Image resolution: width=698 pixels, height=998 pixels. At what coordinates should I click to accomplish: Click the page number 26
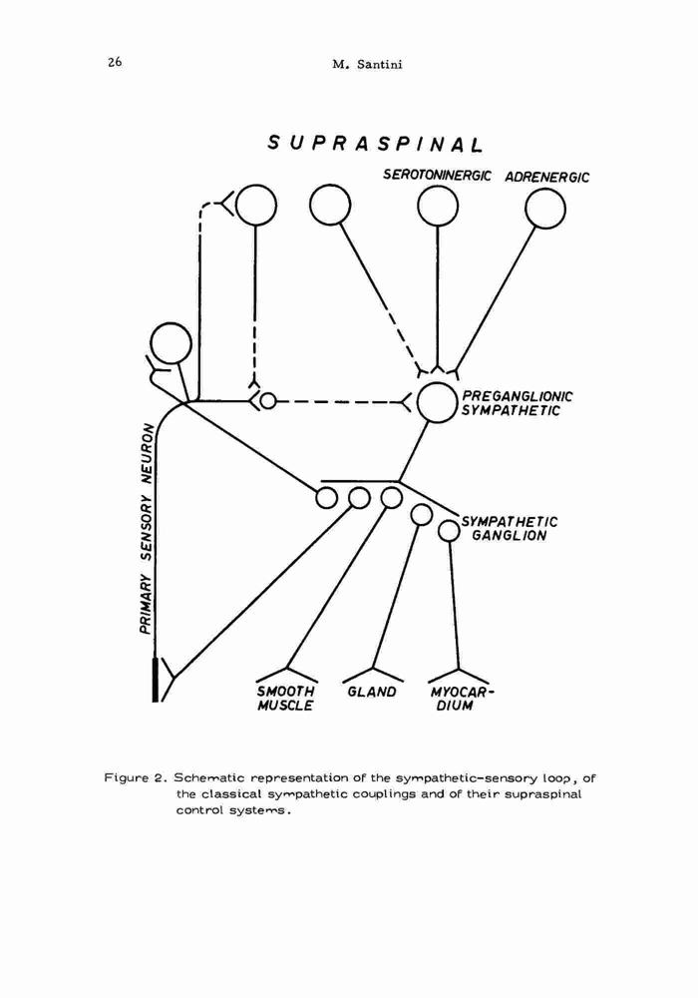(x=115, y=62)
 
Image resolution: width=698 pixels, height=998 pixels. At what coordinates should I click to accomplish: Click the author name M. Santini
(x=367, y=64)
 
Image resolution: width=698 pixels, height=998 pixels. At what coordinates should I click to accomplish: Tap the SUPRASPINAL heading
(x=375, y=143)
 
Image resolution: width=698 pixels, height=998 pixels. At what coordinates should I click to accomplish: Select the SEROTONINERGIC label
(x=437, y=175)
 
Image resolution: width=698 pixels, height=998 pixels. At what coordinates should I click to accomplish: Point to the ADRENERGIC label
(x=546, y=177)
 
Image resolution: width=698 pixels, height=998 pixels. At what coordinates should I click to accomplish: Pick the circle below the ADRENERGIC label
(x=545, y=208)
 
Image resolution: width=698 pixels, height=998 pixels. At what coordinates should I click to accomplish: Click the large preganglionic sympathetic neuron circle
(x=437, y=403)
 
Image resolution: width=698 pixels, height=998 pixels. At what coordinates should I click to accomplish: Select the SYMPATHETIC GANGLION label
(x=510, y=528)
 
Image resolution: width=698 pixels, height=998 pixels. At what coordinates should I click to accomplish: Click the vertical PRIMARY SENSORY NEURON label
(x=147, y=528)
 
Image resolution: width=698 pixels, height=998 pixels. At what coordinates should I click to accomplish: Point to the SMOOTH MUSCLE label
(x=286, y=699)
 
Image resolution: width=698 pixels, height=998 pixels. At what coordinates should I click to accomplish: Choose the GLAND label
(x=372, y=692)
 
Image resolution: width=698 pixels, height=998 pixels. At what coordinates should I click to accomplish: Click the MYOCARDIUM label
(x=462, y=699)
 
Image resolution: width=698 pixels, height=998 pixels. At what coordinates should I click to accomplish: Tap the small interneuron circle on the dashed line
(x=268, y=401)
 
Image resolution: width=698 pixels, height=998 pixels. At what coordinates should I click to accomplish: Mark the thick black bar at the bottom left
(x=156, y=679)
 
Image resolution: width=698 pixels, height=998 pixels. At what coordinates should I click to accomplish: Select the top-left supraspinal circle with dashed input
(x=255, y=205)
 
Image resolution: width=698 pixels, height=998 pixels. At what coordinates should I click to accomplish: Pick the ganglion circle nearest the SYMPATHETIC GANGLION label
(x=450, y=530)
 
